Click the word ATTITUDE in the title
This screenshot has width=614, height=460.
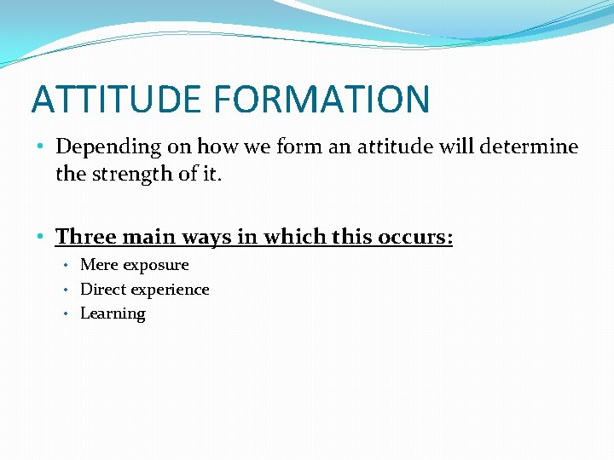pyautogui.click(x=118, y=99)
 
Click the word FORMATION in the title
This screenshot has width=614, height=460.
pyautogui.click(x=322, y=99)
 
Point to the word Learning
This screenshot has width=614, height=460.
pyautogui.click(x=113, y=314)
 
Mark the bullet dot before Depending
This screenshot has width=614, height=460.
pyautogui.click(x=41, y=147)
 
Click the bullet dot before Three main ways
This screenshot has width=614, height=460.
pyautogui.click(x=41, y=236)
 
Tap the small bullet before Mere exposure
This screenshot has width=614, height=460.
pyautogui.click(x=66, y=266)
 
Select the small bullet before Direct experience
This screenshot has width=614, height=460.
pyautogui.click(x=66, y=290)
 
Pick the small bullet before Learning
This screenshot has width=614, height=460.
pyautogui.click(x=66, y=313)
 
